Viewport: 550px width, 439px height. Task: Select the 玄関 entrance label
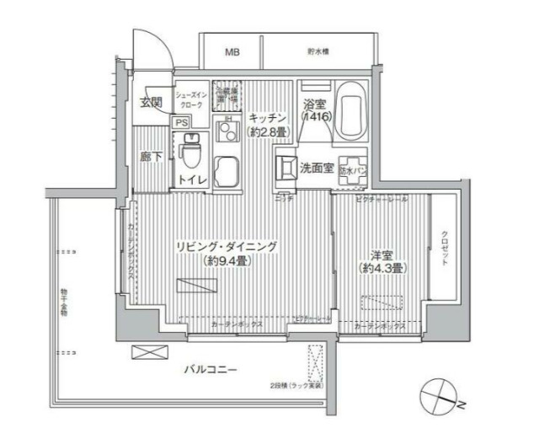[151, 103]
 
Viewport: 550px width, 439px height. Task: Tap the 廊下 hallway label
[152, 157]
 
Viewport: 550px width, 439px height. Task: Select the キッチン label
[269, 119]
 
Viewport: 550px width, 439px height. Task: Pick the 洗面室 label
[317, 168]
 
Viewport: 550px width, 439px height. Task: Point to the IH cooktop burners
[225, 133]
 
